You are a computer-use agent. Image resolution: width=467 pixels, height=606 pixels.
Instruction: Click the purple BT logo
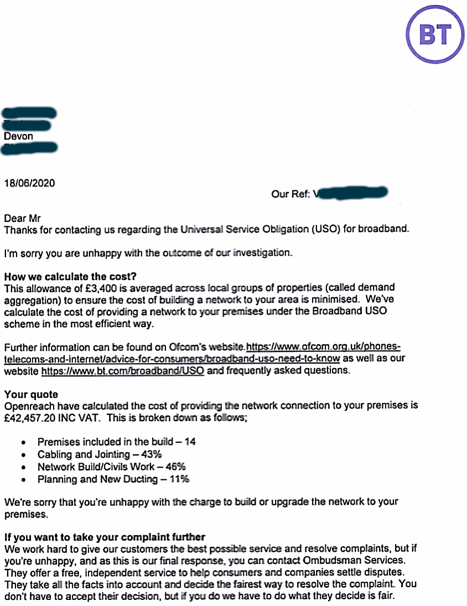point(434,35)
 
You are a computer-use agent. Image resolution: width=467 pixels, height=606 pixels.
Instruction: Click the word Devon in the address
point(18,136)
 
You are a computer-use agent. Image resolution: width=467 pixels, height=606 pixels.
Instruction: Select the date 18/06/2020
point(30,182)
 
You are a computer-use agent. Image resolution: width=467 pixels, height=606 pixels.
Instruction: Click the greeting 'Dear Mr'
point(23,219)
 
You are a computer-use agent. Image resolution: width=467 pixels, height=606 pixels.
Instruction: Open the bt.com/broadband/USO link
point(123,371)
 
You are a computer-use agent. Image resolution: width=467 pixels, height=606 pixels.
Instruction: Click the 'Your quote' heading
point(31,395)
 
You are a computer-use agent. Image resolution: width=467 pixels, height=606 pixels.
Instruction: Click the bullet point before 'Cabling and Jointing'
point(23,455)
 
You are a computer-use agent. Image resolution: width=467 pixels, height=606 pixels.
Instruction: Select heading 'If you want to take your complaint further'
point(105,537)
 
